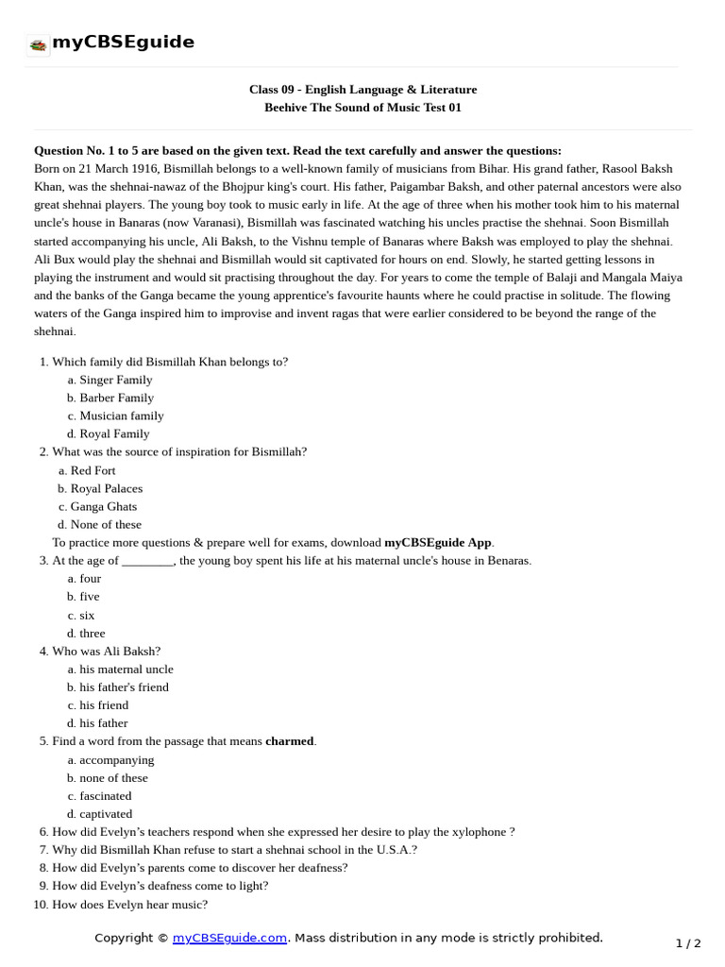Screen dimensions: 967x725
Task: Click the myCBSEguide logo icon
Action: tap(38, 44)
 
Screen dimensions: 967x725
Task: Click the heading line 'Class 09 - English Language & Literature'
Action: tap(362, 90)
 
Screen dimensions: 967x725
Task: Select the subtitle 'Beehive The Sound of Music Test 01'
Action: tap(362, 108)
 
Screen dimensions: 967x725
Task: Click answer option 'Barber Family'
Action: tap(116, 398)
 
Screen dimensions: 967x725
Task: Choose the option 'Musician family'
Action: tap(121, 416)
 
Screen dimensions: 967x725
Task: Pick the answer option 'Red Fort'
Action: tap(93, 470)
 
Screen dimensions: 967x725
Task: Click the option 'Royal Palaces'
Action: tap(106, 488)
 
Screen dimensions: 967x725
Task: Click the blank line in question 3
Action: tap(148, 561)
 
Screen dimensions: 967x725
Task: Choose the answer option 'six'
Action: tap(87, 615)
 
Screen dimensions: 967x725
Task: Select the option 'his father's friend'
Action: tap(124, 687)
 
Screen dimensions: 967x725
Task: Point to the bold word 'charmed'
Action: tap(290, 741)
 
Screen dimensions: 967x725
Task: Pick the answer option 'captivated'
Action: tap(106, 814)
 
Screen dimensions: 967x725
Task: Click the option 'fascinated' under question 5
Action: tap(105, 796)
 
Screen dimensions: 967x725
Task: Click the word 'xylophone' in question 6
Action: tap(480, 832)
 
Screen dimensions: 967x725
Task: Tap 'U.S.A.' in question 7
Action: tap(395, 850)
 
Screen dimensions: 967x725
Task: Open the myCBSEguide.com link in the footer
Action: tap(230, 938)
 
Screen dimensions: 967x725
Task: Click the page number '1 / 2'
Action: tap(688, 943)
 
